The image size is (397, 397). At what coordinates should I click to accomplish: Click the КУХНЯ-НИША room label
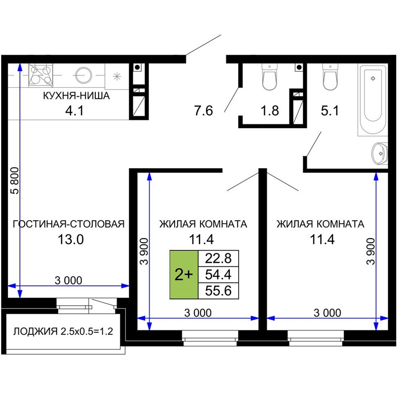[x=76, y=96]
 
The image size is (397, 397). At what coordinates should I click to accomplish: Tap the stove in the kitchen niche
[x=41, y=75]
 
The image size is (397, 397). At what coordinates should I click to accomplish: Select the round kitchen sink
[x=84, y=75]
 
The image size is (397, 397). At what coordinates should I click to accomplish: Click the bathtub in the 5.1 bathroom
[x=373, y=100]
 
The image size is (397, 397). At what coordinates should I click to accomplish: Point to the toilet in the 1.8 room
[x=270, y=77]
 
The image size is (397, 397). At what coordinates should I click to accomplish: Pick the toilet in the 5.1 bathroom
[x=330, y=77]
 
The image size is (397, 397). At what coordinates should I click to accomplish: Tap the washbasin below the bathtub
[x=379, y=153]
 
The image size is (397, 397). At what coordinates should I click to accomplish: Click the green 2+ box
[x=184, y=275]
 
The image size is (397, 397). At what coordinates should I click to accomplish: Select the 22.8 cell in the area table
[x=218, y=259]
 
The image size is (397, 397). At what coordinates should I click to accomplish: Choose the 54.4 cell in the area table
[x=218, y=275]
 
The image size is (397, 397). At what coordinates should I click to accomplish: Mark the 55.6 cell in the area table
[x=218, y=291]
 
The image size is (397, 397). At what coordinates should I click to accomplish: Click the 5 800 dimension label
[x=15, y=181]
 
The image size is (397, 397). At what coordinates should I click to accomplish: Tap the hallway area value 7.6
[x=204, y=111]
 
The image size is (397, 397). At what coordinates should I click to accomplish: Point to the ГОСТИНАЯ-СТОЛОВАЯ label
[x=69, y=224]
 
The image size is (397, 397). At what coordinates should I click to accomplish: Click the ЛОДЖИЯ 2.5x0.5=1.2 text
[x=63, y=331]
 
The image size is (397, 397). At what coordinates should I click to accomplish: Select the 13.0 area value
[x=71, y=239]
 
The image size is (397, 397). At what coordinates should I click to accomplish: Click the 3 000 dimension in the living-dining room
[x=69, y=280]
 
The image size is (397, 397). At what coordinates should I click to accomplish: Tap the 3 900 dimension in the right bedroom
[x=371, y=251]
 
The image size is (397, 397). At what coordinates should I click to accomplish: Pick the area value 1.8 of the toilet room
[x=270, y=111]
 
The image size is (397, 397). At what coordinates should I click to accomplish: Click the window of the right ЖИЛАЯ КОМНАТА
[x=316, y=338]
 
